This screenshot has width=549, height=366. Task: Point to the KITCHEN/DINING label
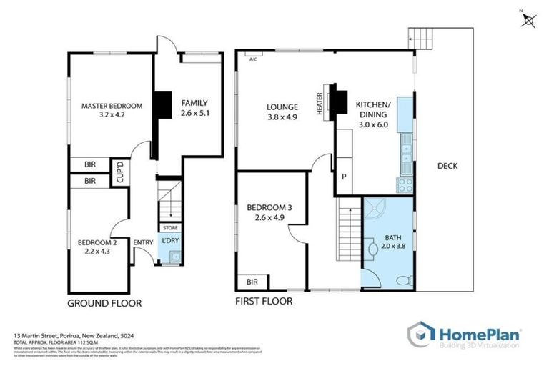(x=372, y=114)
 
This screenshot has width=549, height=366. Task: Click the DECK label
(x=447, y=166)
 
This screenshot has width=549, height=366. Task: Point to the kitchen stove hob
(x=405, y=184)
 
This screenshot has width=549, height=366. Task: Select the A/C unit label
(x=253, y=59)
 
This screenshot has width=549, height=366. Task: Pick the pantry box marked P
(x=344, y=177)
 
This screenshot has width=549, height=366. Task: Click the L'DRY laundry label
(x=170, y=241)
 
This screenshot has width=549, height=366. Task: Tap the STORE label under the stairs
(x=170, y=227)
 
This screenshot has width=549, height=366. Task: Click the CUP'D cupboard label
(x=122, y=174)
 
